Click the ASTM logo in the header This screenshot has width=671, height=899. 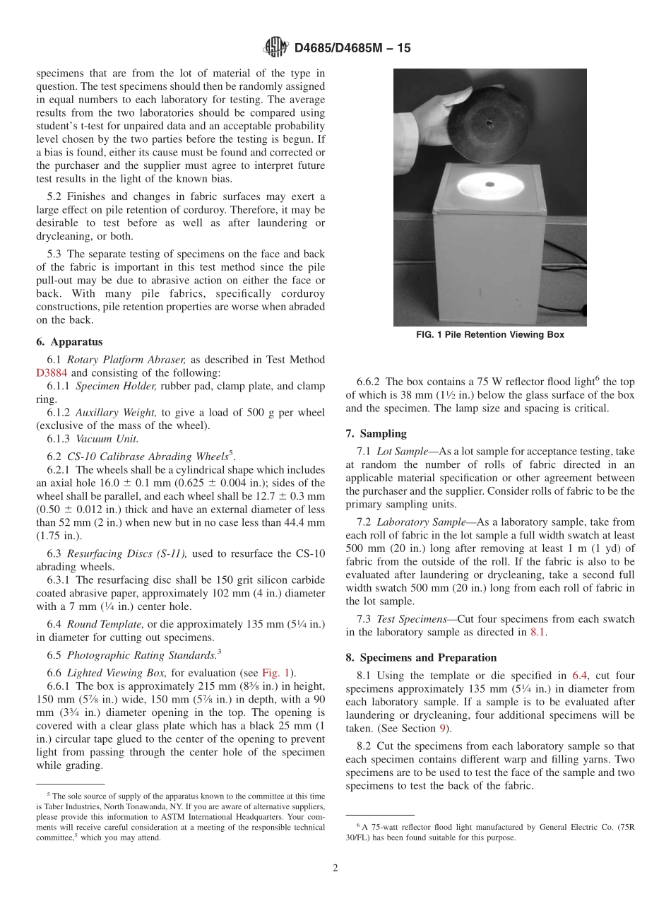(275, 48)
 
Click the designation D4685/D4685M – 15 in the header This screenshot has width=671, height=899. (352, 49)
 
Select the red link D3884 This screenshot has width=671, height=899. (53, 373)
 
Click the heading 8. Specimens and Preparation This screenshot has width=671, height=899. (421, 657)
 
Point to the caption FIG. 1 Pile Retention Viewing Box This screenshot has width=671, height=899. (490, 335)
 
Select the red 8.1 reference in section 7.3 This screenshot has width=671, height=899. (538, 633)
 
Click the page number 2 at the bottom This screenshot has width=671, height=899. (335, 869)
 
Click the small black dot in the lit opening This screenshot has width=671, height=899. (489, 185)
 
